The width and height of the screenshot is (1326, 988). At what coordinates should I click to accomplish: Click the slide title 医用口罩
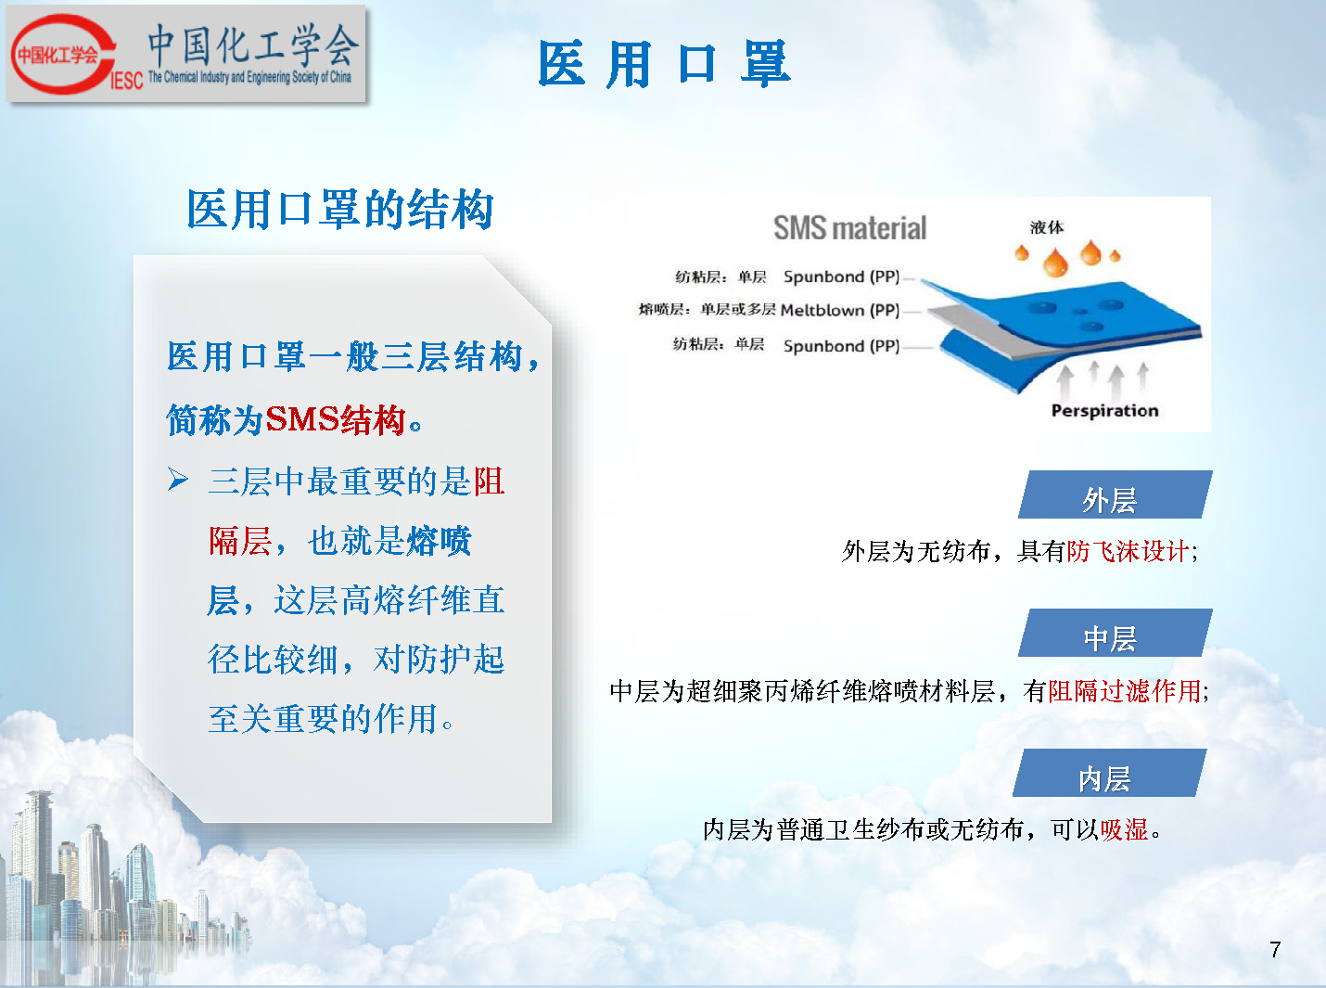click(x=664, y=64)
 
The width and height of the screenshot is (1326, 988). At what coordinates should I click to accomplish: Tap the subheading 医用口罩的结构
click(x=339, y=209)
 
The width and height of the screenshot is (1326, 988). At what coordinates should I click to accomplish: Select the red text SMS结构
click(x=336, y=418)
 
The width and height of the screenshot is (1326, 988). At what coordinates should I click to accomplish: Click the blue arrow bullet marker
click(x=177, y=479)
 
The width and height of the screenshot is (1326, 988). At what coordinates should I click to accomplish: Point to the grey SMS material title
click(x=849, y=228)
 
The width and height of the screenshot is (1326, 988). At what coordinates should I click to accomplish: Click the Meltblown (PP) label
click(x=840, y=311)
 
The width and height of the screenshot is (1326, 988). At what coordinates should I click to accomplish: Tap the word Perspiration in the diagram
click(x=1104, y=411)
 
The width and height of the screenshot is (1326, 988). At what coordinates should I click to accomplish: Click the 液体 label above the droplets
click(x=1046, y=227)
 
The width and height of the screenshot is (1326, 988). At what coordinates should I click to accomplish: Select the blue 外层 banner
click(x=1115, y=494)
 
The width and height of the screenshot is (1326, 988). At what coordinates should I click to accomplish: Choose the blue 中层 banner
click(x=1115, y=633)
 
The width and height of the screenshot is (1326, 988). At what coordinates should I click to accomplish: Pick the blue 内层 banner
click(x=1110, y=773)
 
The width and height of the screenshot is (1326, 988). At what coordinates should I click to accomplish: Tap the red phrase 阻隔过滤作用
click(x=1125, y=691)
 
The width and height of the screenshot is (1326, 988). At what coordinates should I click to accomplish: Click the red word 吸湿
click(x=1124, y=829)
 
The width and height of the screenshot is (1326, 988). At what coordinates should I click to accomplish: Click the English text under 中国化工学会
click(x=249, y=77)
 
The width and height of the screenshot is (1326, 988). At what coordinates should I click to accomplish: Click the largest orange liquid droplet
click(x=1055, y=263)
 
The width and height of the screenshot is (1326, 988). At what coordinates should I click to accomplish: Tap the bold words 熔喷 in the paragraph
click(x=439, y=541)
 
